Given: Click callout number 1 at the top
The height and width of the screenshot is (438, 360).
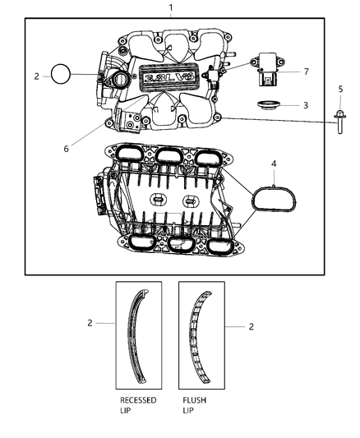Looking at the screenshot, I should pos(171,8).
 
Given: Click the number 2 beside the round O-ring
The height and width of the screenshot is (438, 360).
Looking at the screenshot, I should pos(37,76).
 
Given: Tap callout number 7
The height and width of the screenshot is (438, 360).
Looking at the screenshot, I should pos(306,71).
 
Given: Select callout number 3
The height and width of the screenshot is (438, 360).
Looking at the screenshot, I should pos(306,105).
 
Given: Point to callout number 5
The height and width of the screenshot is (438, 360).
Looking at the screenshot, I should pos(340,88).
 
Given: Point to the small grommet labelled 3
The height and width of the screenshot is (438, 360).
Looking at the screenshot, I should pos(266,106).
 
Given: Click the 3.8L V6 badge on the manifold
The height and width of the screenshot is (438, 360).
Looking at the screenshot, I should pos(173,78).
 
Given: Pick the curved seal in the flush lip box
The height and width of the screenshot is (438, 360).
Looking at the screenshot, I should pos(199,337).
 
